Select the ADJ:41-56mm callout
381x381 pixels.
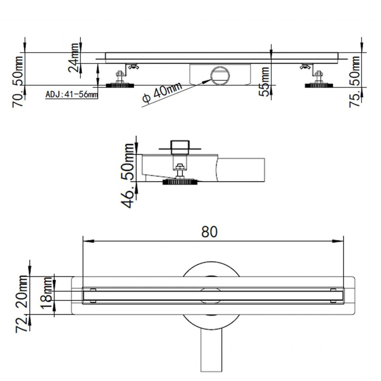click(71, 94)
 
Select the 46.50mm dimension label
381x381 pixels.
click(129, 175)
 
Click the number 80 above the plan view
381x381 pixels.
click(210, 232)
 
